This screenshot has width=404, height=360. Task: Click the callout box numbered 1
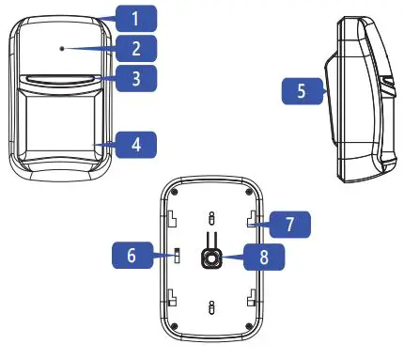click(x=136, y=16)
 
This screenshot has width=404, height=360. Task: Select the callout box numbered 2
click(x=136, y=47)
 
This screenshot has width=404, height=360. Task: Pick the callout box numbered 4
click(x=136, y=145)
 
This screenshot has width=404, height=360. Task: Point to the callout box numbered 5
click(x=302, y=91)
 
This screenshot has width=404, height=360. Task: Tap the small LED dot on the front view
click(x=60, y=46)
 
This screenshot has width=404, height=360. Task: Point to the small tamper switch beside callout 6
click(x=176, y=254)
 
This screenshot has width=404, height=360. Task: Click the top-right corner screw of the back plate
click(x=249, y=186)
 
